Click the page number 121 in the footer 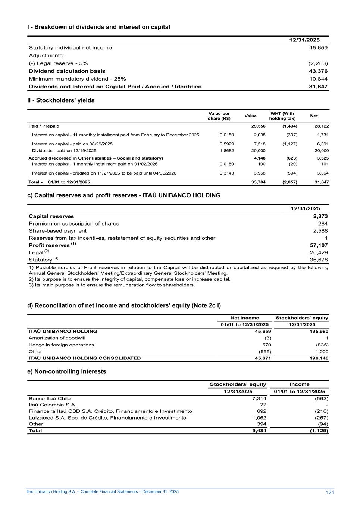[330, 493]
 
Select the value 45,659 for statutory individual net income [318, 48]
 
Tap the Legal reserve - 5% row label [58, 63]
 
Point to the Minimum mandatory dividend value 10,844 [318, 79]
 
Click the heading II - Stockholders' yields [61, 100]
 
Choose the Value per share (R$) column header [219, 116]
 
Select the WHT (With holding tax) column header [282, 116]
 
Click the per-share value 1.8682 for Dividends [227, 151]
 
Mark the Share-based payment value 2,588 [320, 231]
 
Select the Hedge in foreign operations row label [61, 345]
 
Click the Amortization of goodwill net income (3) [267, 338]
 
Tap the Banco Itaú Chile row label [50, 399]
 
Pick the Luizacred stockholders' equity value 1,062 [259, 418]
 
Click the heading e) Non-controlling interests [67, 371]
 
